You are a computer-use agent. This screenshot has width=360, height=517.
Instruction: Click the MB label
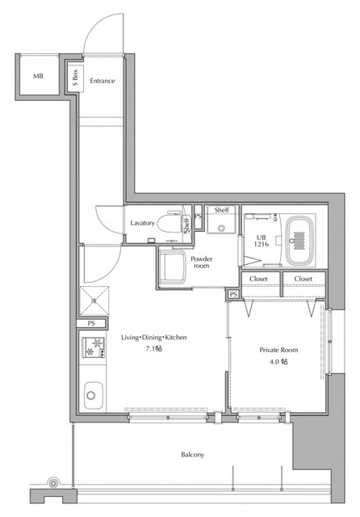(x=38, y=76)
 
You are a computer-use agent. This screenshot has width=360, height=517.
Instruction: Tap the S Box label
(x=75, y=78)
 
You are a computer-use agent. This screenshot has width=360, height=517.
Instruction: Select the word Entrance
(x=103, y=81)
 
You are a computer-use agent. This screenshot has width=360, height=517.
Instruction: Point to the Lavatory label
(x=142, y=223)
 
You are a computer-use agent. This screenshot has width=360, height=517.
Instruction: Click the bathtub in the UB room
(x=299, y=241)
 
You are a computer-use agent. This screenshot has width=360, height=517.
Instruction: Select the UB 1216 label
(x=262, y=241)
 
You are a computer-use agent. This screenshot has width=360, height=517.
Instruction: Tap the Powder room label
(x=202, y=262)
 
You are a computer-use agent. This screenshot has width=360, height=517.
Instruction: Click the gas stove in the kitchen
(x=94, y=347)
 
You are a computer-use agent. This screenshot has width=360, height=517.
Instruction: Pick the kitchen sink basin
(x=93, y=395)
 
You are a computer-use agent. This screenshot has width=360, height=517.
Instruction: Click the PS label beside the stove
(x=91, y=323)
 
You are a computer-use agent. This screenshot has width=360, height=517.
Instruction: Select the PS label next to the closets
(x=233, y=294)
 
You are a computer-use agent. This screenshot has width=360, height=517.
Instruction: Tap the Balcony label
(x=193, y=455)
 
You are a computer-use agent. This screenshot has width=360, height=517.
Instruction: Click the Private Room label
(x=278, y=350)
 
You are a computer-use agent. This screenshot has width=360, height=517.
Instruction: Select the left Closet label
(x=258, y=279)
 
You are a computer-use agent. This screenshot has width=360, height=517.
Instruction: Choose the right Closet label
(x=303, y=279)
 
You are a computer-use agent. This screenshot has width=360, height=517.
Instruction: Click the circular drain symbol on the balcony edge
(x=52, y=483)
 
